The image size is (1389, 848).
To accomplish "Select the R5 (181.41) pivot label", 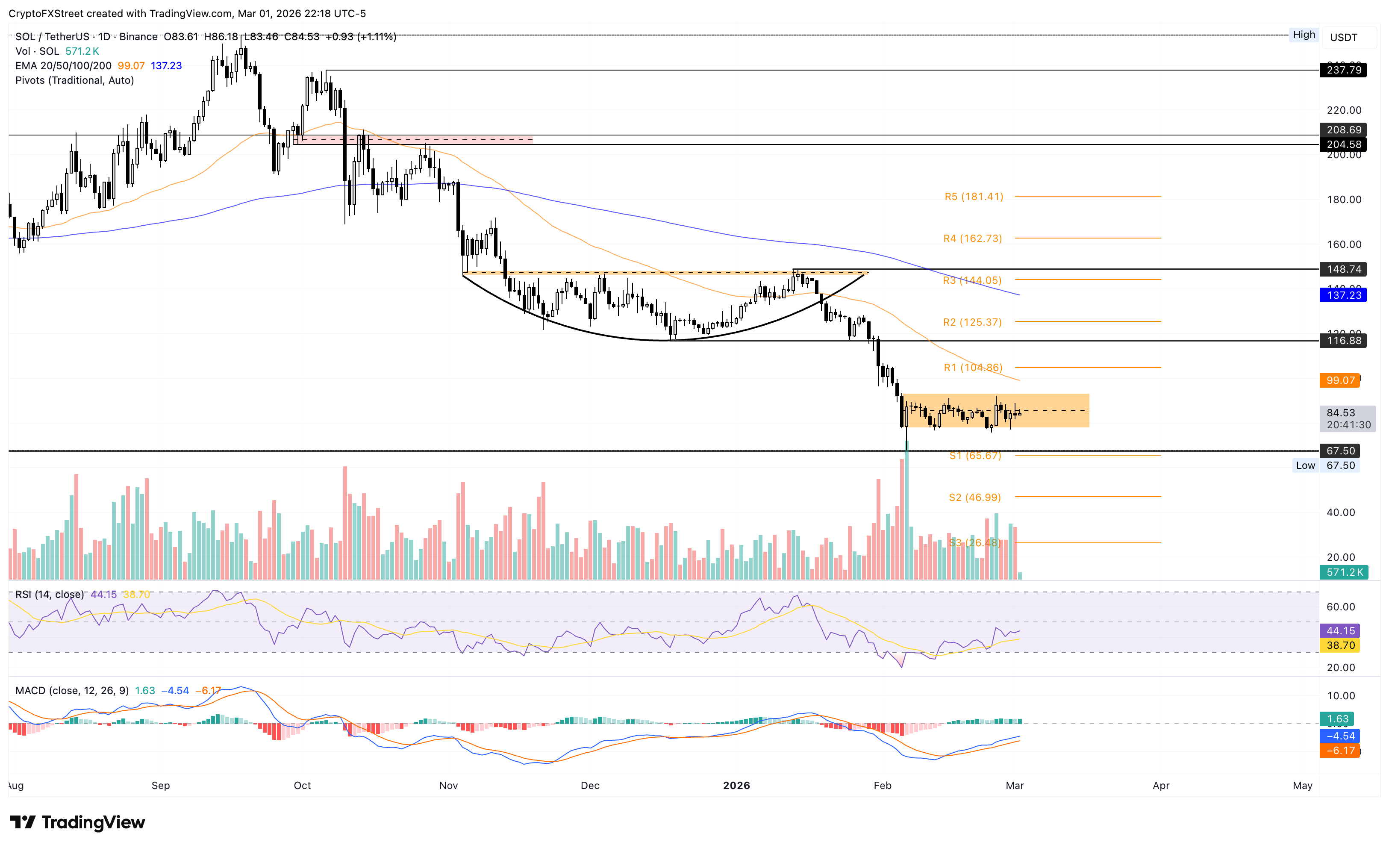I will tap(974, 196).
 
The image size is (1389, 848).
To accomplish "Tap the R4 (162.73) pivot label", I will tap(972, 238).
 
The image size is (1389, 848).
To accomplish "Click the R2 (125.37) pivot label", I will tap(972, 322).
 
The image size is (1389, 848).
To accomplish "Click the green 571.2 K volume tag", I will tap(1344, 572).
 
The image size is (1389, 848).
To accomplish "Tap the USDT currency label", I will tap(1343, 37).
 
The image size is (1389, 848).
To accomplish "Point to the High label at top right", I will tap(1304, 34).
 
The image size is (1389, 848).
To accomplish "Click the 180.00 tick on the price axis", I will tap(1343, 200).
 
